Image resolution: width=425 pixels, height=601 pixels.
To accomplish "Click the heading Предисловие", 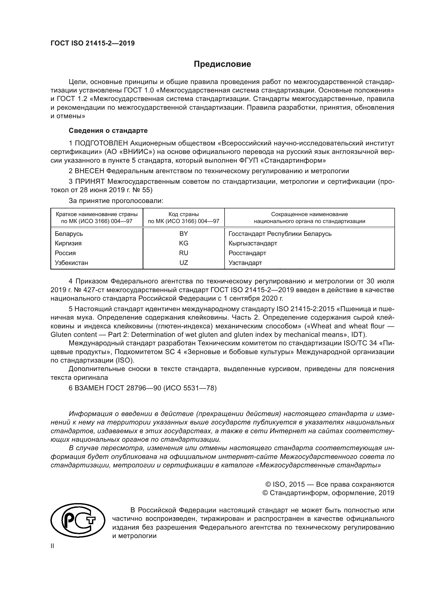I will click(222, 64).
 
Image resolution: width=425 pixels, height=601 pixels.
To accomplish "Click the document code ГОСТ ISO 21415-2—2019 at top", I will click(93, 43).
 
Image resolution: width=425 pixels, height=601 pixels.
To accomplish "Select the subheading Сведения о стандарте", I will click(108, 130).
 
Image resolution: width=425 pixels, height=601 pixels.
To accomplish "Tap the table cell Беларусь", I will click(69, 234).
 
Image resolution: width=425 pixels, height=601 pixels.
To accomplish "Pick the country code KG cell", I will click(183, 243).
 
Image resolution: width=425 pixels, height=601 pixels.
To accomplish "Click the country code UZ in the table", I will click(183, 263).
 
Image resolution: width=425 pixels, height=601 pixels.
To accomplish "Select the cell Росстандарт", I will click(247, 253).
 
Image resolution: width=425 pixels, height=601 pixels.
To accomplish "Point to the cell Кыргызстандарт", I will click(253, 243).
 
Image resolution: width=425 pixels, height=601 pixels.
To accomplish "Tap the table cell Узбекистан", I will click(71, 263).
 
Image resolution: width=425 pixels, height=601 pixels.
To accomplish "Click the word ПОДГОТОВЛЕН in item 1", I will click(101, 143).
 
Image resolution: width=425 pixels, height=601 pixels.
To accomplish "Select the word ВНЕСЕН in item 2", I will click(89, 171).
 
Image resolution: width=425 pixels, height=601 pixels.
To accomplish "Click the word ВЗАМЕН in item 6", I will click(89, 388).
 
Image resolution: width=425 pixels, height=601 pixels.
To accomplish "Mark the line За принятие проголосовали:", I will click(116, 201).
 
